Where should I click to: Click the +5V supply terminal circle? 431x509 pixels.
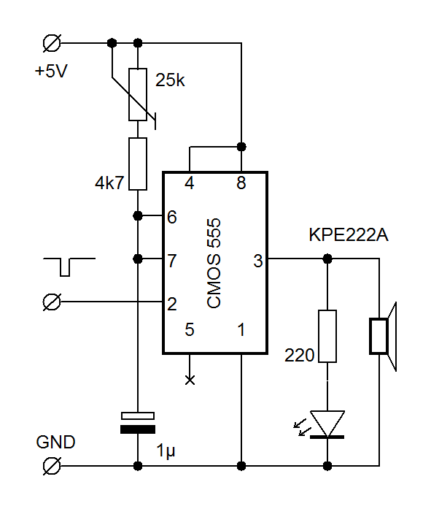(52, 43)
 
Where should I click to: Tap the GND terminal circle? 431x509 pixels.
(52, 466)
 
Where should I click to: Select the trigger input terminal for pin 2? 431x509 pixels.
(52, 302)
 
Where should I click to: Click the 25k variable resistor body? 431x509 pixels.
(138, 94)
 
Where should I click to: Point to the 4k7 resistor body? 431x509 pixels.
(138, 164)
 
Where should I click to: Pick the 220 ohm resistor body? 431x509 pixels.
(327, 336)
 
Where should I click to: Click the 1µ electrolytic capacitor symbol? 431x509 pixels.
(138, 423)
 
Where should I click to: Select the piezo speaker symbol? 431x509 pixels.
(383, 336)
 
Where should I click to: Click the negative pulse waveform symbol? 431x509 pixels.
(69, 267)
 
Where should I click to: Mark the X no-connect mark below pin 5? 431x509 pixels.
(190, 380)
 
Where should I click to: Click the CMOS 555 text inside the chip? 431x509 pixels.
(214, 263)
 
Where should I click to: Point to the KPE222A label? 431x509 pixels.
(349, 234)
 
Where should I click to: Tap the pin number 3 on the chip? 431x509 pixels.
(258, 261)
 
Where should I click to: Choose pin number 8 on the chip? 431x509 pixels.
(241, 183)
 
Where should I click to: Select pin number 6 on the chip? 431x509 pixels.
(172, 217)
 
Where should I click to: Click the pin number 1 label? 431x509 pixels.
(241, 329)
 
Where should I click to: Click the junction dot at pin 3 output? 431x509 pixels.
(327, 259)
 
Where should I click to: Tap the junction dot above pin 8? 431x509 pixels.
(241, 147)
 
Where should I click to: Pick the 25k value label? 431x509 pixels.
(170, 80)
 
